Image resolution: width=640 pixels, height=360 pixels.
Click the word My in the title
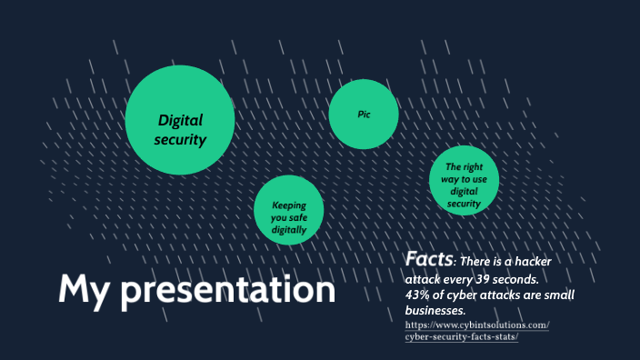click(85, 289)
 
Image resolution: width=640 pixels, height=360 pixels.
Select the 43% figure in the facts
click(419, 295)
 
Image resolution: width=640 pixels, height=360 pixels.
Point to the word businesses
click(435, 311)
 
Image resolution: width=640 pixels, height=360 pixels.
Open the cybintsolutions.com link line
click(476, 325)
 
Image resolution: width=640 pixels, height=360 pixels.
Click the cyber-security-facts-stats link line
click(461, 337)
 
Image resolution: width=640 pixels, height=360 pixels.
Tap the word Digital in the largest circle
click(180, 120)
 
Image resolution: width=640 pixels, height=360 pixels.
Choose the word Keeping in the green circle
click(289, 205)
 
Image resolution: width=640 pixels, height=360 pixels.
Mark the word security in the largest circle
click(180, 140)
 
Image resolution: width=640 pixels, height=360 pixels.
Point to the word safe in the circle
click(299, 218)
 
